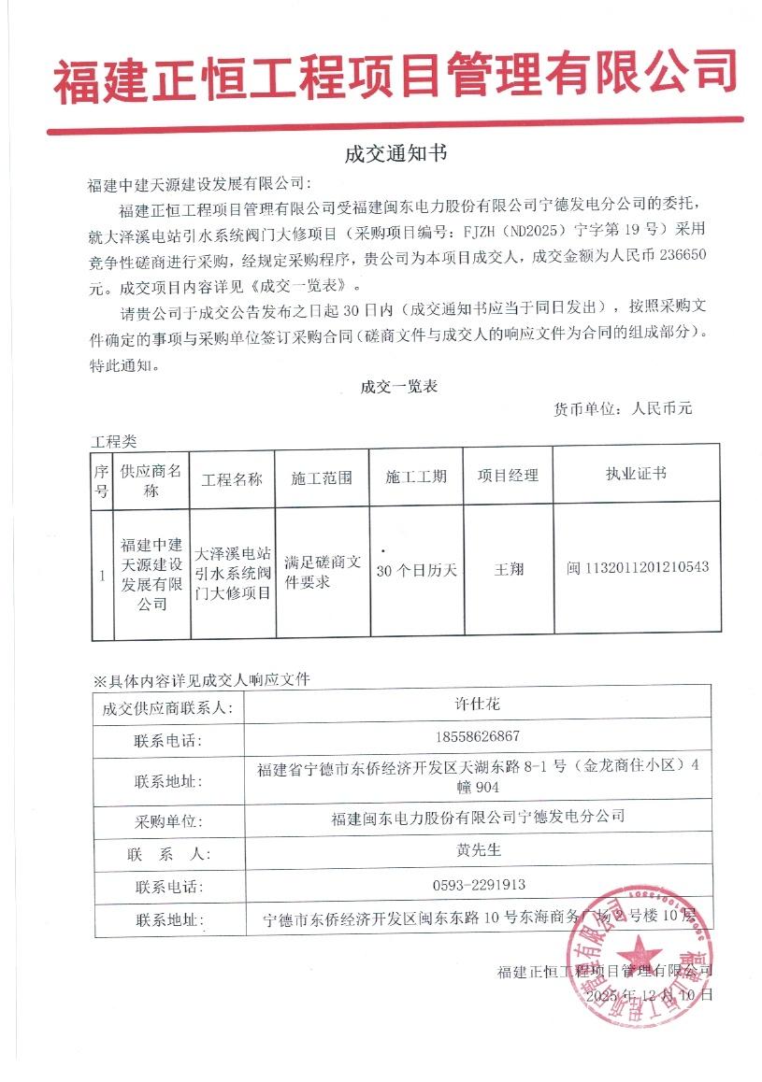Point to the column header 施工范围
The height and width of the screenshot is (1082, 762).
[322, 477]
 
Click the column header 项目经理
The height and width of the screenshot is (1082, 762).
[508, 476]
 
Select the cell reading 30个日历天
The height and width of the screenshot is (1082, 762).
[415, 570]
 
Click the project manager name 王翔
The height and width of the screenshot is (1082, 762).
[508, 569]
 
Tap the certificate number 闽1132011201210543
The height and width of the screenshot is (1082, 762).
[638, 568]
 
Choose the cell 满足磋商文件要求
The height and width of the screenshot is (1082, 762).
[322, 571]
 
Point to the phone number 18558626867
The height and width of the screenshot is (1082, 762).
[477, 737]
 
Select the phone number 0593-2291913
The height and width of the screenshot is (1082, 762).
[477, 884]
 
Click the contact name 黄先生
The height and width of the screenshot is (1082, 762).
[477, 851]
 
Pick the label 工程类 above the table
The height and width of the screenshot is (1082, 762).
[113, 440]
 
